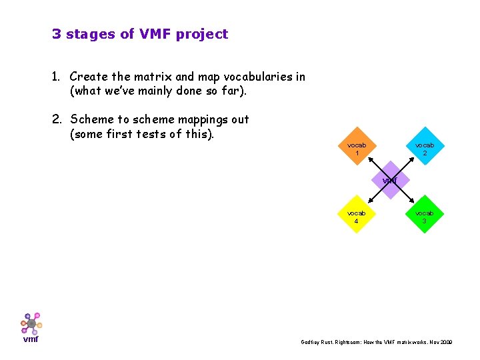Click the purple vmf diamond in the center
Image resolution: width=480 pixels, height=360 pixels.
[x=391, y=181]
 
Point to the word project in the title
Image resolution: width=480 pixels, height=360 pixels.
[x=202, y=34]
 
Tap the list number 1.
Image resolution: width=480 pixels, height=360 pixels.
[x=56, y=77]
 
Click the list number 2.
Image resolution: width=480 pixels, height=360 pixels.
[x=56, y=120]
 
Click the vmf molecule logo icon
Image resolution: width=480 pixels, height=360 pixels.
[x=31, y=323]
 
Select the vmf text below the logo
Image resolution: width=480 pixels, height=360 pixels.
[x=31, y=339]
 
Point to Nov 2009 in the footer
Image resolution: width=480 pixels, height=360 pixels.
[x=440, y=342]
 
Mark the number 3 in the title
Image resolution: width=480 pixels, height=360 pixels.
[x=56, y=34]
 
